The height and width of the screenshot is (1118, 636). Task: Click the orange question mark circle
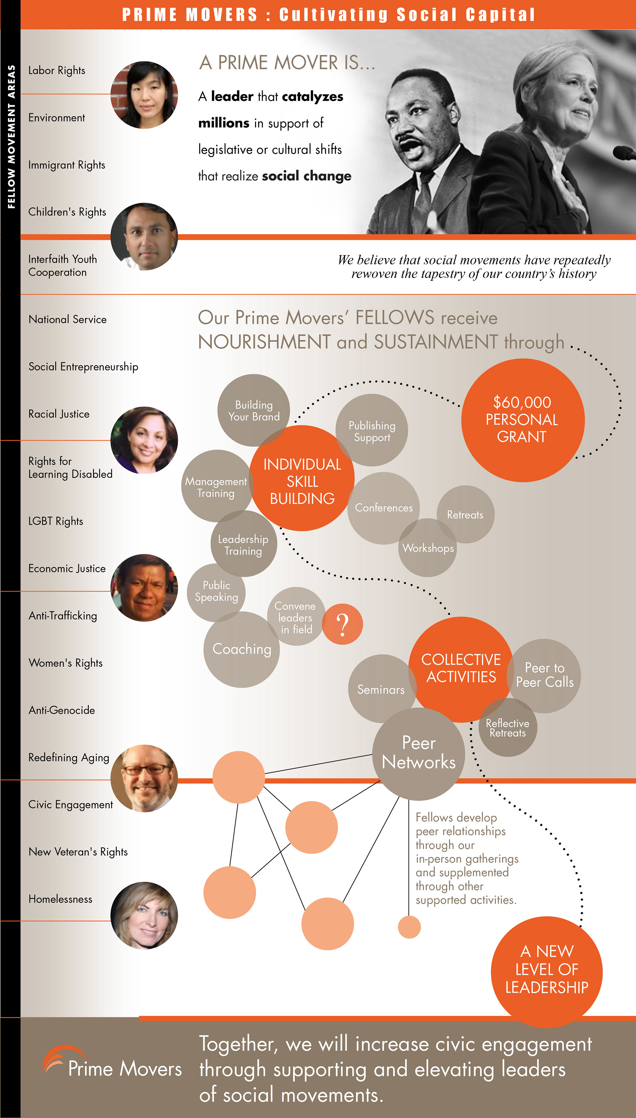[343, 624]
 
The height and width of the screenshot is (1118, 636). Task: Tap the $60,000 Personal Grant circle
[522, 420]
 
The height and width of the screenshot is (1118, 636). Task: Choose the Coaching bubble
[241, 649]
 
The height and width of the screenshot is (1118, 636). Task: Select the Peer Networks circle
[418, 753]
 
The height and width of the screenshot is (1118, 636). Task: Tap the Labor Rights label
[57, 70]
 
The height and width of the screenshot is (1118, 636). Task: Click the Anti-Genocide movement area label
[62, 710]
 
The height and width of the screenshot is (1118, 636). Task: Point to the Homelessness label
[60, 899]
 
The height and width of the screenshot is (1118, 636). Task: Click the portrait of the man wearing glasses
[144, 778]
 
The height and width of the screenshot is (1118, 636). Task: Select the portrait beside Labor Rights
[144, 95]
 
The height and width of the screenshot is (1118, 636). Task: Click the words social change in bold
[307, 176]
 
